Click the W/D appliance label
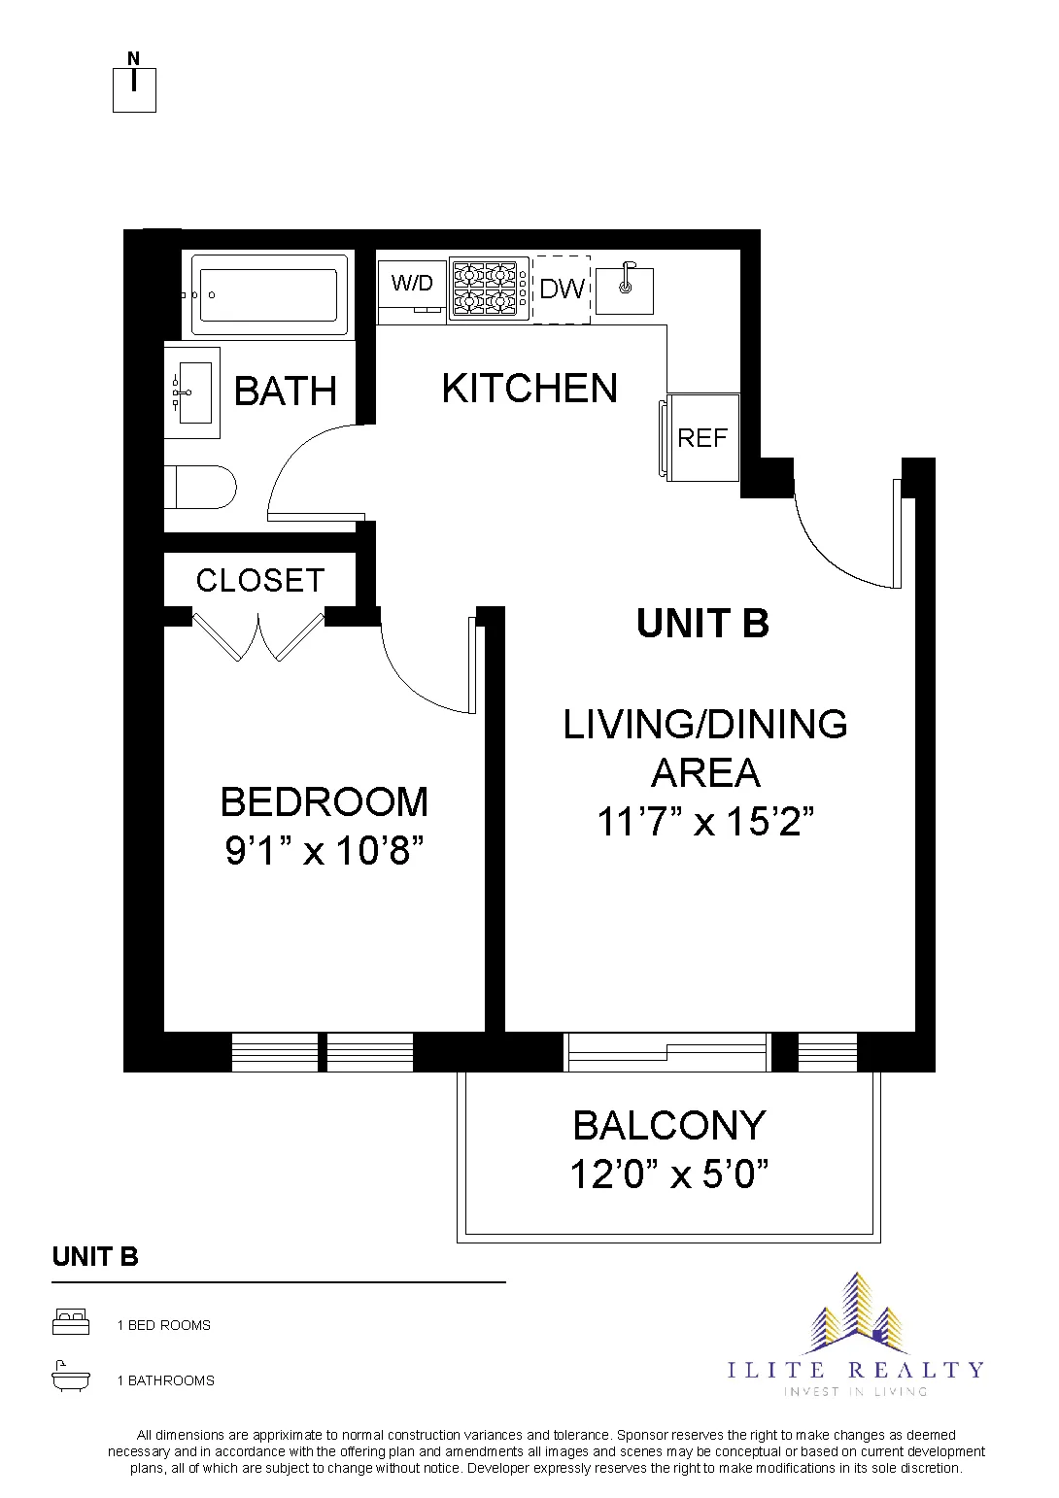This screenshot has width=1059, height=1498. tap(412, 284)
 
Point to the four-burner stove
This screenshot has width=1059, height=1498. tap(488, 289)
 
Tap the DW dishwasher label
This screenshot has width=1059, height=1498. tap(562, 289)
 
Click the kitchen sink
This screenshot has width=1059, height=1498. tap(624, 287)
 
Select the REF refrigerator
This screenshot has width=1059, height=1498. tap(701, 437)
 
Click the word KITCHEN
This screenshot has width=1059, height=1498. tap(529, 388)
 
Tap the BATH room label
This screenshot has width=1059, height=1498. tap(285, 392)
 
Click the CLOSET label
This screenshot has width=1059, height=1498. tap(259, 580)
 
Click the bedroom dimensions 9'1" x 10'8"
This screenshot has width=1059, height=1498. tap(325, 853)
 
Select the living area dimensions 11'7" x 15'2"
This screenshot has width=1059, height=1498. tap(704, 823)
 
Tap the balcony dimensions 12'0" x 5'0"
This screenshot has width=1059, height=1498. tap(669, 1175)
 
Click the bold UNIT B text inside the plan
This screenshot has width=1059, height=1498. tap(702, 623)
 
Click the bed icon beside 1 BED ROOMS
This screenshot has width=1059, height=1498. tap(71, 1323)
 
